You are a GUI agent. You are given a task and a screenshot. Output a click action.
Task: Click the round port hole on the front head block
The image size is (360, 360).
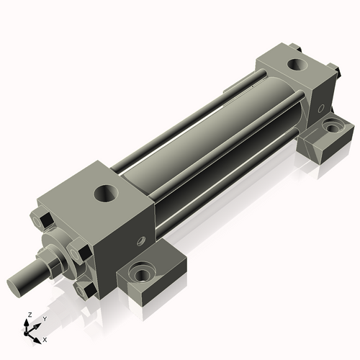pyautogui.click(x=107, y=193)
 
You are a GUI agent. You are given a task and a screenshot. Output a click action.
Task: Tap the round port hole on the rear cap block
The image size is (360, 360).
pyautogui.click(x=297, y=64)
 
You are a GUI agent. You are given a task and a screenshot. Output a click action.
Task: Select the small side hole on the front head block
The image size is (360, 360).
pyautogui.click(x=142, y=240)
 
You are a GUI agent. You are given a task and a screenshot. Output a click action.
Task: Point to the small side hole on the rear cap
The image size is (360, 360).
pyautogui.click(x=321, y=109)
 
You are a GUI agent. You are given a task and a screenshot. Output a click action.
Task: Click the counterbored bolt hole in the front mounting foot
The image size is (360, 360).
pyautogui.click(x=142, y=274)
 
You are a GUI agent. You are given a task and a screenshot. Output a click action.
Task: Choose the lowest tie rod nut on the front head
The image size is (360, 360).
pyautogui.click(x=85, y=290)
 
